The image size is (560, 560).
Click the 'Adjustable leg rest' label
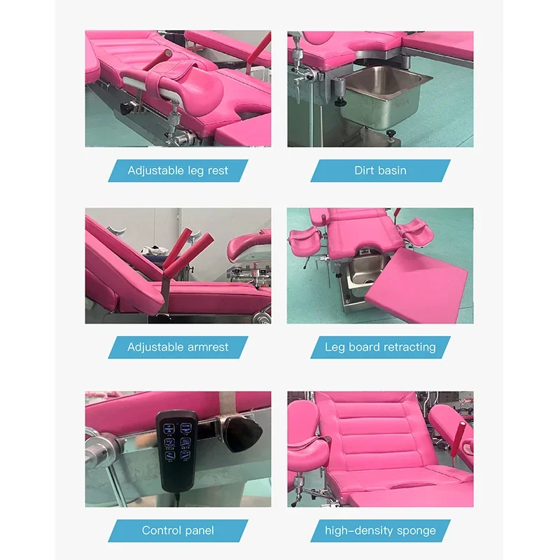178,170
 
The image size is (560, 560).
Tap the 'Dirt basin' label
380,170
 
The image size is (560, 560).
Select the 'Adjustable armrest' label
178,347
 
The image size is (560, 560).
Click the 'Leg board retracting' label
380,347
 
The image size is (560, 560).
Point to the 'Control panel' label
178,530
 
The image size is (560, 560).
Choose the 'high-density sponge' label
380,530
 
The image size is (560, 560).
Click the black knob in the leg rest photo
126,109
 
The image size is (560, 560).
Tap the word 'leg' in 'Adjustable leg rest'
195,170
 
